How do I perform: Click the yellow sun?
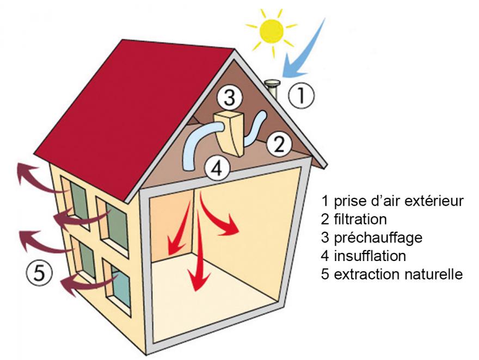(272, 31)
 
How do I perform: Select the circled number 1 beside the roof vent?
(301, 95)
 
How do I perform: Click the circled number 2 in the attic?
(279, 144)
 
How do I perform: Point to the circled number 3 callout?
(230, 98)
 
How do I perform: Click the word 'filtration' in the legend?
(360, 219)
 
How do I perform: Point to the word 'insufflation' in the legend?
(370, 256)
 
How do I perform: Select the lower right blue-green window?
(121, 287)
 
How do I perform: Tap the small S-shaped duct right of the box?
(255, 128)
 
